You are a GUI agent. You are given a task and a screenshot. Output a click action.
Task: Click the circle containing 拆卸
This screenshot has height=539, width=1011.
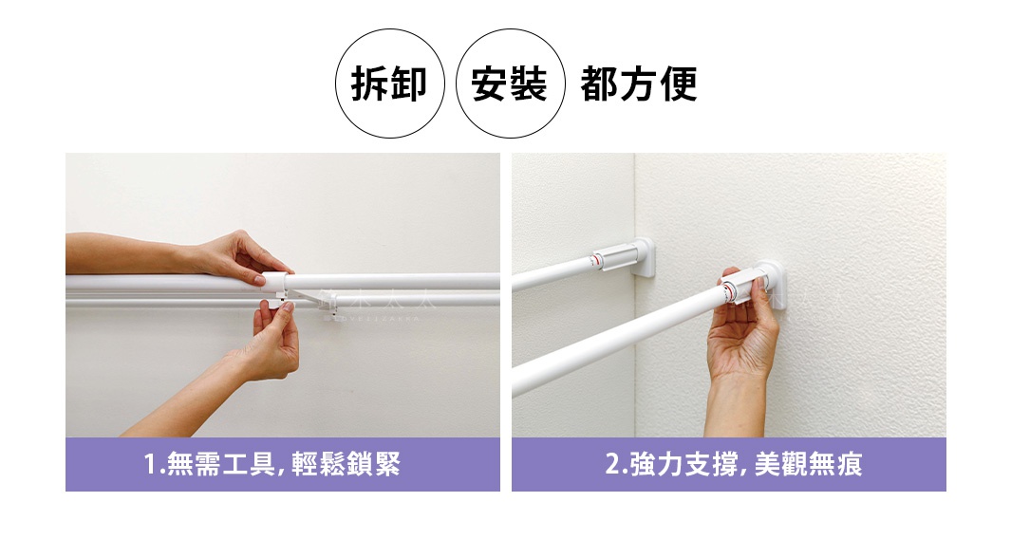click(x=390, y=84)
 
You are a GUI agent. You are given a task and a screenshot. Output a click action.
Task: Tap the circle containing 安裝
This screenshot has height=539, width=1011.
click(x=511, y=84)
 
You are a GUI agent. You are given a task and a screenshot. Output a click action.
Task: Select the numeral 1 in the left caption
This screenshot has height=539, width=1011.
click(x=150, y=465)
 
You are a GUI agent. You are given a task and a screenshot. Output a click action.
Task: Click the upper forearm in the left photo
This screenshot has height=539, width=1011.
click(x=123, y=253)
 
